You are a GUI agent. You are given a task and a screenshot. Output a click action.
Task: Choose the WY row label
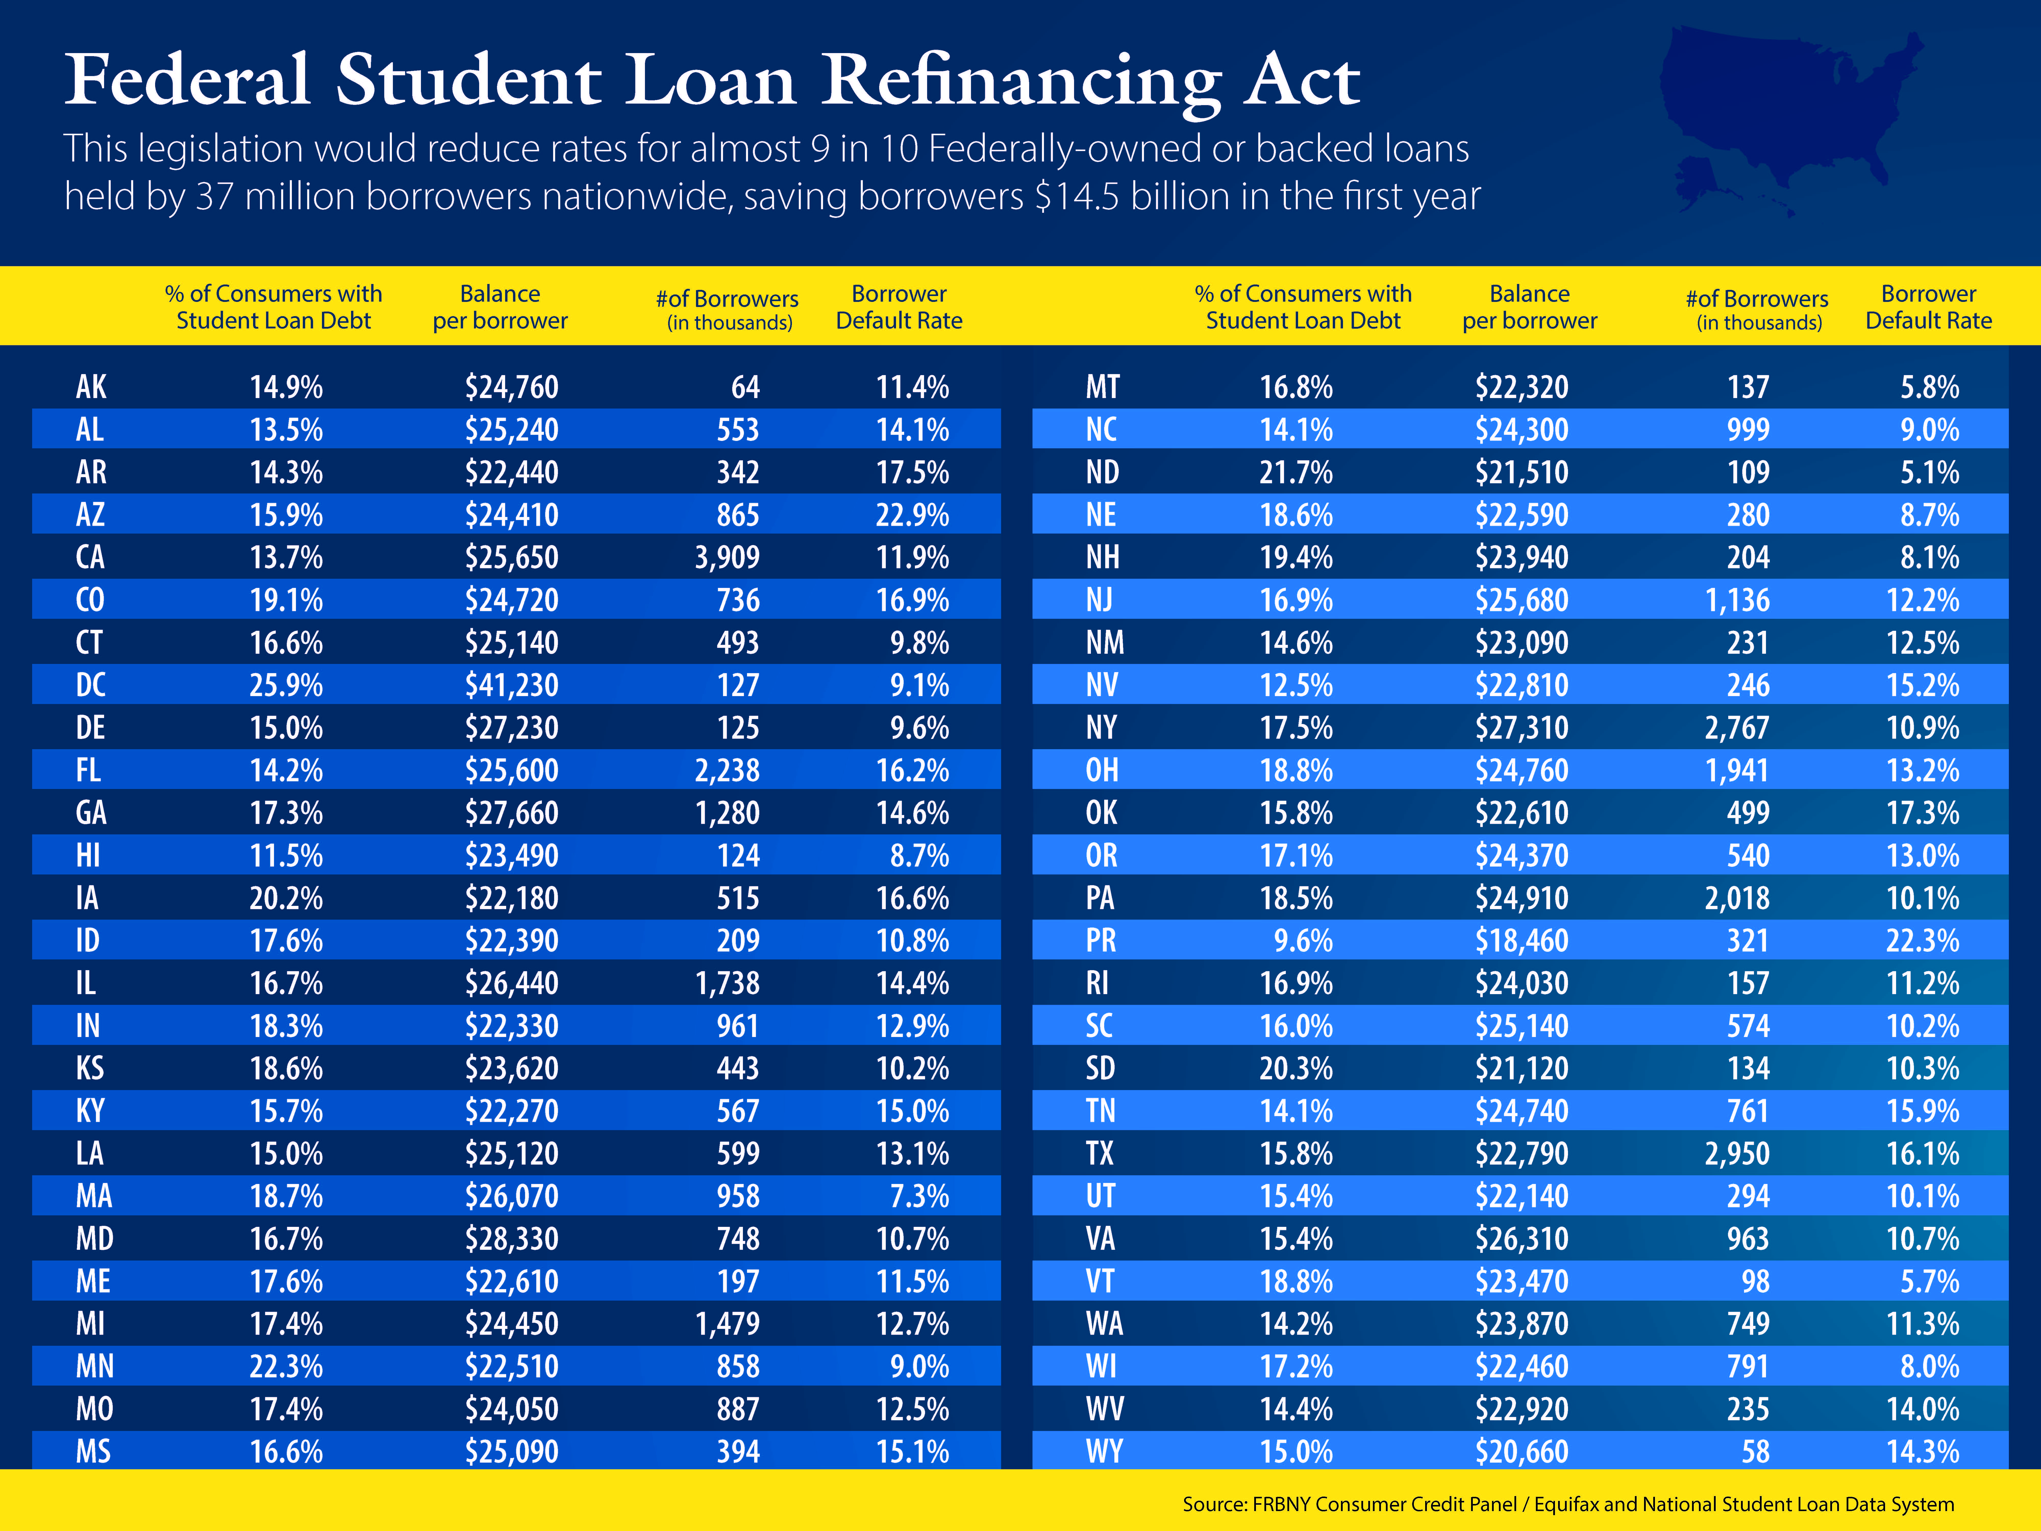pyautogui.click(x=1103, y=1452)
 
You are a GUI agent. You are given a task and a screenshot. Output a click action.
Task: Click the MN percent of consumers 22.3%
pyautogui.click(x=286, y=1367)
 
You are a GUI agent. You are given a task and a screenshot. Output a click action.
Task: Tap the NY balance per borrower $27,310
pyautogui.click(x=1522, y=728)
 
